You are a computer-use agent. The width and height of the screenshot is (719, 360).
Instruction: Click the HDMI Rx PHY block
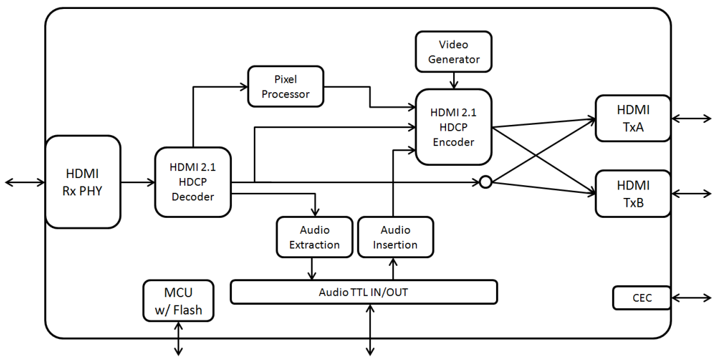(83, 182)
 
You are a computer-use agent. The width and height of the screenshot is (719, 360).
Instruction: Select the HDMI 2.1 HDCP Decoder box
(192, 182)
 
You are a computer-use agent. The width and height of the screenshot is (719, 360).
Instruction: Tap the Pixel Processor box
(285, 86)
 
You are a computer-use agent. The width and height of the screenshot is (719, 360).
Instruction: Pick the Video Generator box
(454, 52)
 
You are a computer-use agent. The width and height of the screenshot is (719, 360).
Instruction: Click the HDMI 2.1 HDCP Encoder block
(454, 127)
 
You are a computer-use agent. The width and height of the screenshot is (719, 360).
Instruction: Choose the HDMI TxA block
(632, 118)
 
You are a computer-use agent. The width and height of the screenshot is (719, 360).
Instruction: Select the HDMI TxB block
(632, 193)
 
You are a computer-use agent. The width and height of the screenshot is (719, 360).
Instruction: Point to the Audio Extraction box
(314, 237)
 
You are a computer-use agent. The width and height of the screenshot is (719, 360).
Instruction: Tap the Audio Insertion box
(395, 237)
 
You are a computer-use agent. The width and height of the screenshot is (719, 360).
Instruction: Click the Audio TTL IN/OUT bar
(363, 292)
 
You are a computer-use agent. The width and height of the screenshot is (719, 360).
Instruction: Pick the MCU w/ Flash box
(178, 302)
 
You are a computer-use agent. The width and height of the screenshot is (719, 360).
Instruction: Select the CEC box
(641, 298)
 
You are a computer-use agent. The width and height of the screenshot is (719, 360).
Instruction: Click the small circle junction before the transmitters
(486, 183)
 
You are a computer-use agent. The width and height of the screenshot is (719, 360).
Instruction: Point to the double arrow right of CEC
(691, 298)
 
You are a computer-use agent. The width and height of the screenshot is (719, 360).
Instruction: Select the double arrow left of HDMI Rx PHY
(25, 183)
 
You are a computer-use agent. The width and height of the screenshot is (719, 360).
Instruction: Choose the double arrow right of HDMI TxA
(691, 118)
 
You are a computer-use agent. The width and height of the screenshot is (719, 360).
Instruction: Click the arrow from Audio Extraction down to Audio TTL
(312, 268)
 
